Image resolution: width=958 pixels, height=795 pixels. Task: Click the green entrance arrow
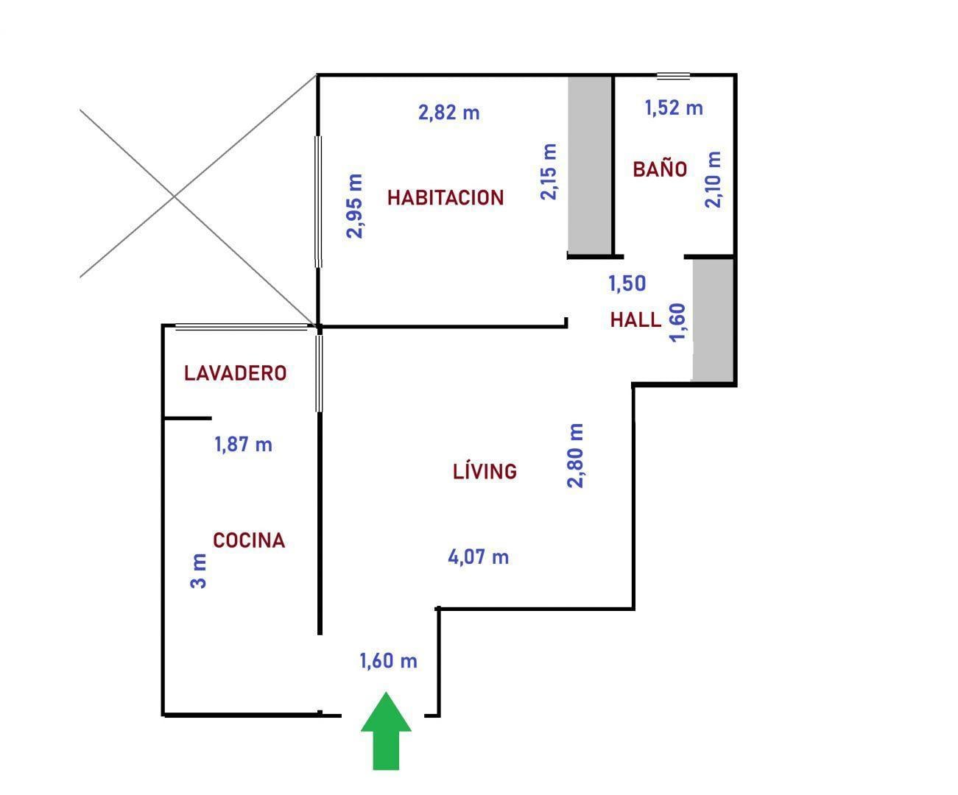pos(386,729)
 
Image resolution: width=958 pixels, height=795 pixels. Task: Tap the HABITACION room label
pos(445,198)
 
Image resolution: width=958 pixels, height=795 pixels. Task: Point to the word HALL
pos(635,319)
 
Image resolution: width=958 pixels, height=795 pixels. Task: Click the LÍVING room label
pos(485,470)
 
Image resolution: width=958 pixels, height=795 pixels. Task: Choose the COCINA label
pos(249,540)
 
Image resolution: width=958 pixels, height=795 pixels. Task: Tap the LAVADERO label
pos(236,373)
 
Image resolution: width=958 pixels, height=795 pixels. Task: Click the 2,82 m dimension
pos(448,113)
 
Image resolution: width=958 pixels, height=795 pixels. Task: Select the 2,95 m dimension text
pos(354,206)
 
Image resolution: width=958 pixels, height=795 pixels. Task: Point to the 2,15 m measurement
pos(549,172)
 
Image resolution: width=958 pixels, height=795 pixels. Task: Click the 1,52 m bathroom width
pos(674,107)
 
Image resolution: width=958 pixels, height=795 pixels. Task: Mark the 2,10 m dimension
pos(713,180)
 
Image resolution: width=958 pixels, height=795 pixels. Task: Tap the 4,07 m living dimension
pos(478,557)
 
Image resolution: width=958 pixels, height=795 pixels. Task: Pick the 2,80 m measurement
pos(575,456)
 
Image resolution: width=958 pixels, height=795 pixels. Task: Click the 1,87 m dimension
pos(243,444)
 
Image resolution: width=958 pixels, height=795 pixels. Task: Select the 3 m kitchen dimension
pos(198,570)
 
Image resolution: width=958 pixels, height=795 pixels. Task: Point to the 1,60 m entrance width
pos(388,660)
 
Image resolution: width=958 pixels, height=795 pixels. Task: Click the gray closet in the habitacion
pos(590,164)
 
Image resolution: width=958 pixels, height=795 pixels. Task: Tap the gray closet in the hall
pos(713,319)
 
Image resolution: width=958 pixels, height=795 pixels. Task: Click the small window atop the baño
pos(673,76)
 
